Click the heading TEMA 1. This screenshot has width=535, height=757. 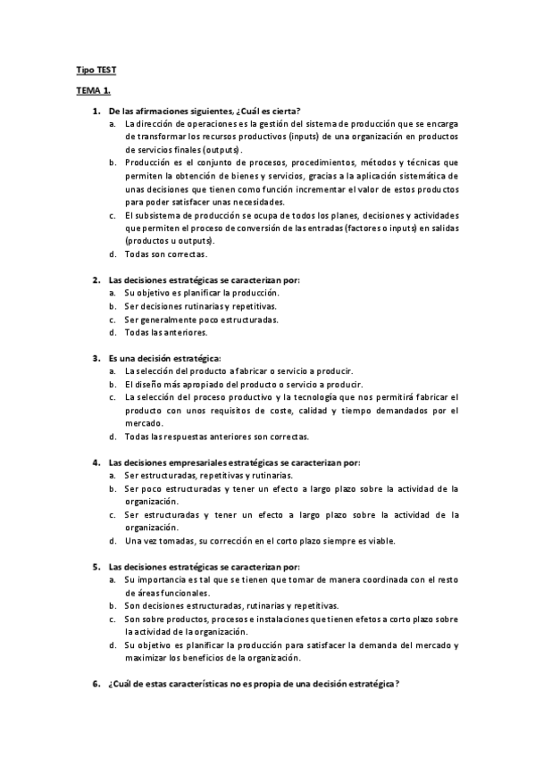(x=93, y=90)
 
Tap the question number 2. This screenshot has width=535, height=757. (x=96, y=279)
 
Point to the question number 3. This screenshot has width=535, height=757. (x=96, y=358)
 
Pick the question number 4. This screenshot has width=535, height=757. (x=96, y=462)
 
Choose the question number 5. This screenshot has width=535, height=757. (x=96, y=567)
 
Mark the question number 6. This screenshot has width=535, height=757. (x=96, y=684)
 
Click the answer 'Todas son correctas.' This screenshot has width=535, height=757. (x=166, y=254)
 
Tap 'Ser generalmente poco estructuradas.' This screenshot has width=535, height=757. (x=201, y=319)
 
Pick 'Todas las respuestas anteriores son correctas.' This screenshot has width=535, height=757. (x=217, y=437)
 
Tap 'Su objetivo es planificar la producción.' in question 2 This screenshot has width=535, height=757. (x=202, y=293)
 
